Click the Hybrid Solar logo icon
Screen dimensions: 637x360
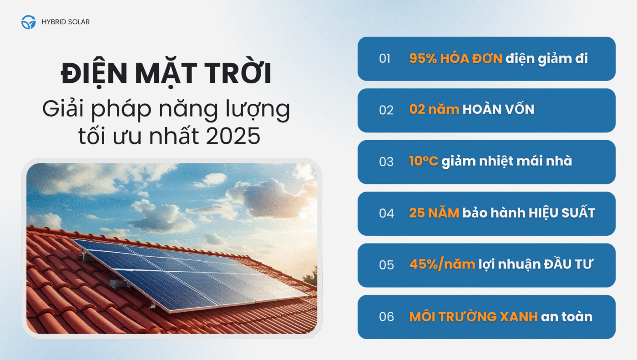tap(28, 22)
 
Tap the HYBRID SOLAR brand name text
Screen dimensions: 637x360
tap(66, 22)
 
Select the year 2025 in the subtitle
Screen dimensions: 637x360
tap(233, 136)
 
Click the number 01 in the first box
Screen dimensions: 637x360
tap(384, 59)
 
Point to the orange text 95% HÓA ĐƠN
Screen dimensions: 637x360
tap(456, 58)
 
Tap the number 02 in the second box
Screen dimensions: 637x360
tap(386, 110)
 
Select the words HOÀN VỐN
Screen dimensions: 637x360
tap(498, 109)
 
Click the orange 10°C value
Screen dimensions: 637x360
tap(424, 161)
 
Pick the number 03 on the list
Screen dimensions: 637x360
tap(386, 162)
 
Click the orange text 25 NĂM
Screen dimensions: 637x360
tap(434, 213)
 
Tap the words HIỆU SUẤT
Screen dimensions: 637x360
tap(561, 213)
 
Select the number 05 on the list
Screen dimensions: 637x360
tap(386, 265)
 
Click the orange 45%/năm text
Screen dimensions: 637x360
tap(442, 264)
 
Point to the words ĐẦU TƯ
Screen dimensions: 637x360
tap(568, 264)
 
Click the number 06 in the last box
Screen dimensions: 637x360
tap(386, 317)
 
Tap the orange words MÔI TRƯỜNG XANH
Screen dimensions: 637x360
tap(474, 316)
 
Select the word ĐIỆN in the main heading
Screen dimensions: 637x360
tap(94, 73)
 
